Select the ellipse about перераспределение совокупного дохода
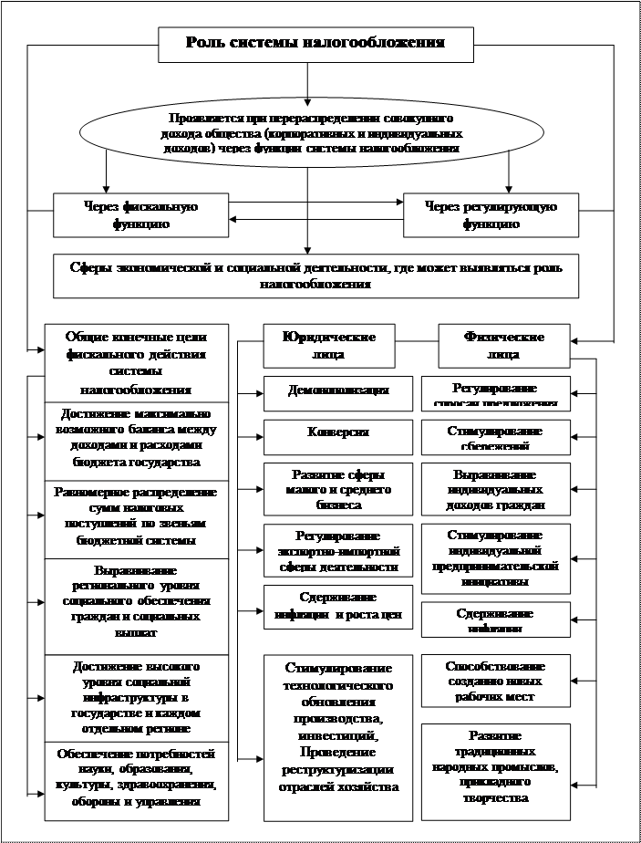(x=311, y=132)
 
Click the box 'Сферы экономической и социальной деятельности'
(x=315, y=276)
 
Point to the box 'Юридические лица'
(x=332, y=345)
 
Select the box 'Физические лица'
(x=503, y=345)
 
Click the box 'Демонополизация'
(x=336, y=391)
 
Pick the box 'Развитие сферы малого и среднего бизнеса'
(x=336, y=489)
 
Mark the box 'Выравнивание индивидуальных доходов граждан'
(x=495, y=489)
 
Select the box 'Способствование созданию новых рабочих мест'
(x=495, y=681)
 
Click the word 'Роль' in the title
(x=203, y=43)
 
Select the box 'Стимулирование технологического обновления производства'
(x=336, y=723)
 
